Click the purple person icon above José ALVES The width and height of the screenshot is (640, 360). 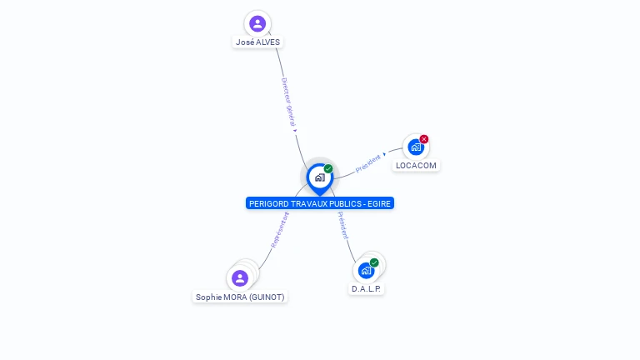click(x=257, y=23)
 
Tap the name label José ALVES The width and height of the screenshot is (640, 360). click(x=257, y=42)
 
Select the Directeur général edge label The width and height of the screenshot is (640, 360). click(x=288, y=103)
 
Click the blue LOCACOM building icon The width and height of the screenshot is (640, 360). click(x=415, y=147)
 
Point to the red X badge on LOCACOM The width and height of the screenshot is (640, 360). click(x=424, y=139)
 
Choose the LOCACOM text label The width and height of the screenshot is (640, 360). click(x=416, y=165)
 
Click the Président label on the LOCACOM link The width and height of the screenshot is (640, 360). click(x=368, y=163)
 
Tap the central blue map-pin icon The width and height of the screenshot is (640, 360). click(x=319, y=177)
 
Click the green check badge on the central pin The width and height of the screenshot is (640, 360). click(x=328, y=169)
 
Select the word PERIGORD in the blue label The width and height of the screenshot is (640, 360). click(x=268, y=203)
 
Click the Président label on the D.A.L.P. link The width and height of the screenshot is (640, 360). click(x=343, y=226)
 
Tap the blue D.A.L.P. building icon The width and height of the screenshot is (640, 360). click(x=366, y=271)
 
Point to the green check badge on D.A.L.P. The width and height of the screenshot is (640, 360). click(x=374, y=262)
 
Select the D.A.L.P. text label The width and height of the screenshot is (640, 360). click(x=367, y=288)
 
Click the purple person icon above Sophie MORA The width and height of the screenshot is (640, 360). click(x=240, y=278)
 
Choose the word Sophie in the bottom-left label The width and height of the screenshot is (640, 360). click(x=208, y=297)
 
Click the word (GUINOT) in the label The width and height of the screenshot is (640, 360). click(x=267, y=297)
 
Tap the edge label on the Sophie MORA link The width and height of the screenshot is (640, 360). click(x=280, y=229)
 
